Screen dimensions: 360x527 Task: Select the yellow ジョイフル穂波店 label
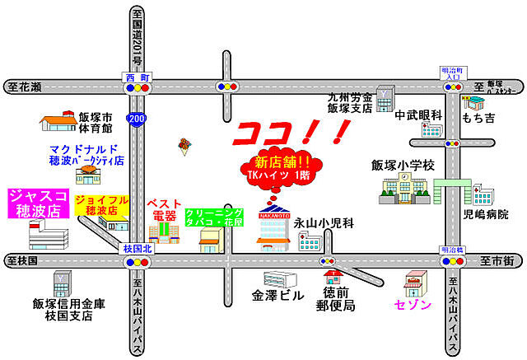(x=101, y=205)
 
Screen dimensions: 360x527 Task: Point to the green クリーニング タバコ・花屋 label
(x=214, y=217)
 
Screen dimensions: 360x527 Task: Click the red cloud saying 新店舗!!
(x=282, y=166)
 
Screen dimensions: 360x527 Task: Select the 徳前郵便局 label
(x=338, y=299)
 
